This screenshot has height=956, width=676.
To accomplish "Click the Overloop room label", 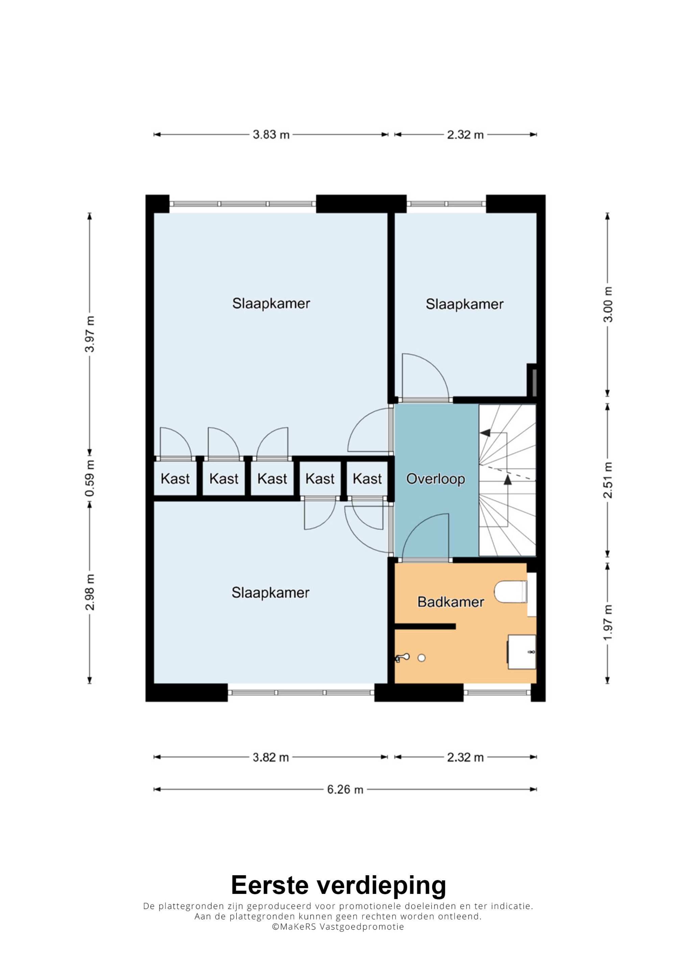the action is pos(436,479).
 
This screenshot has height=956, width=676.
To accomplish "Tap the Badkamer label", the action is pos(451,602).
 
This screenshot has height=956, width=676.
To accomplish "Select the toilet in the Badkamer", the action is pos(511,592).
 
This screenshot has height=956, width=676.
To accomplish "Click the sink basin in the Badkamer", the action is pos(522,652).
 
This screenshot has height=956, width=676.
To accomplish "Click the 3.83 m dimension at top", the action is pos(271,135).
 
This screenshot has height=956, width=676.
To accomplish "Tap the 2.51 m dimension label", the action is pos(608,480).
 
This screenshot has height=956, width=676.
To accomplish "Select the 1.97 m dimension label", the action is pos(608,623).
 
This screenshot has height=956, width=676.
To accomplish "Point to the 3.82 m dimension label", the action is pos(271,757).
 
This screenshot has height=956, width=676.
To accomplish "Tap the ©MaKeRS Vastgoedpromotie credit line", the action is pos(338,927).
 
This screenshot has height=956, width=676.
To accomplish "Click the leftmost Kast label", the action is pos(175,479).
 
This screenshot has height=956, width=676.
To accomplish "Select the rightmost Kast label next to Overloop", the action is pos(367,479).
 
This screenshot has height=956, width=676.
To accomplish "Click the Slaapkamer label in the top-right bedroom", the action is pos(464,304).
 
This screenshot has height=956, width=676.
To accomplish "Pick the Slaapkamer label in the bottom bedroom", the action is pos(271,593).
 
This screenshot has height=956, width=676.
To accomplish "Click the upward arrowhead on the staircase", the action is pos(507,480).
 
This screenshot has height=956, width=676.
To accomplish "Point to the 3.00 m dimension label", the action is pos(608,304).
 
